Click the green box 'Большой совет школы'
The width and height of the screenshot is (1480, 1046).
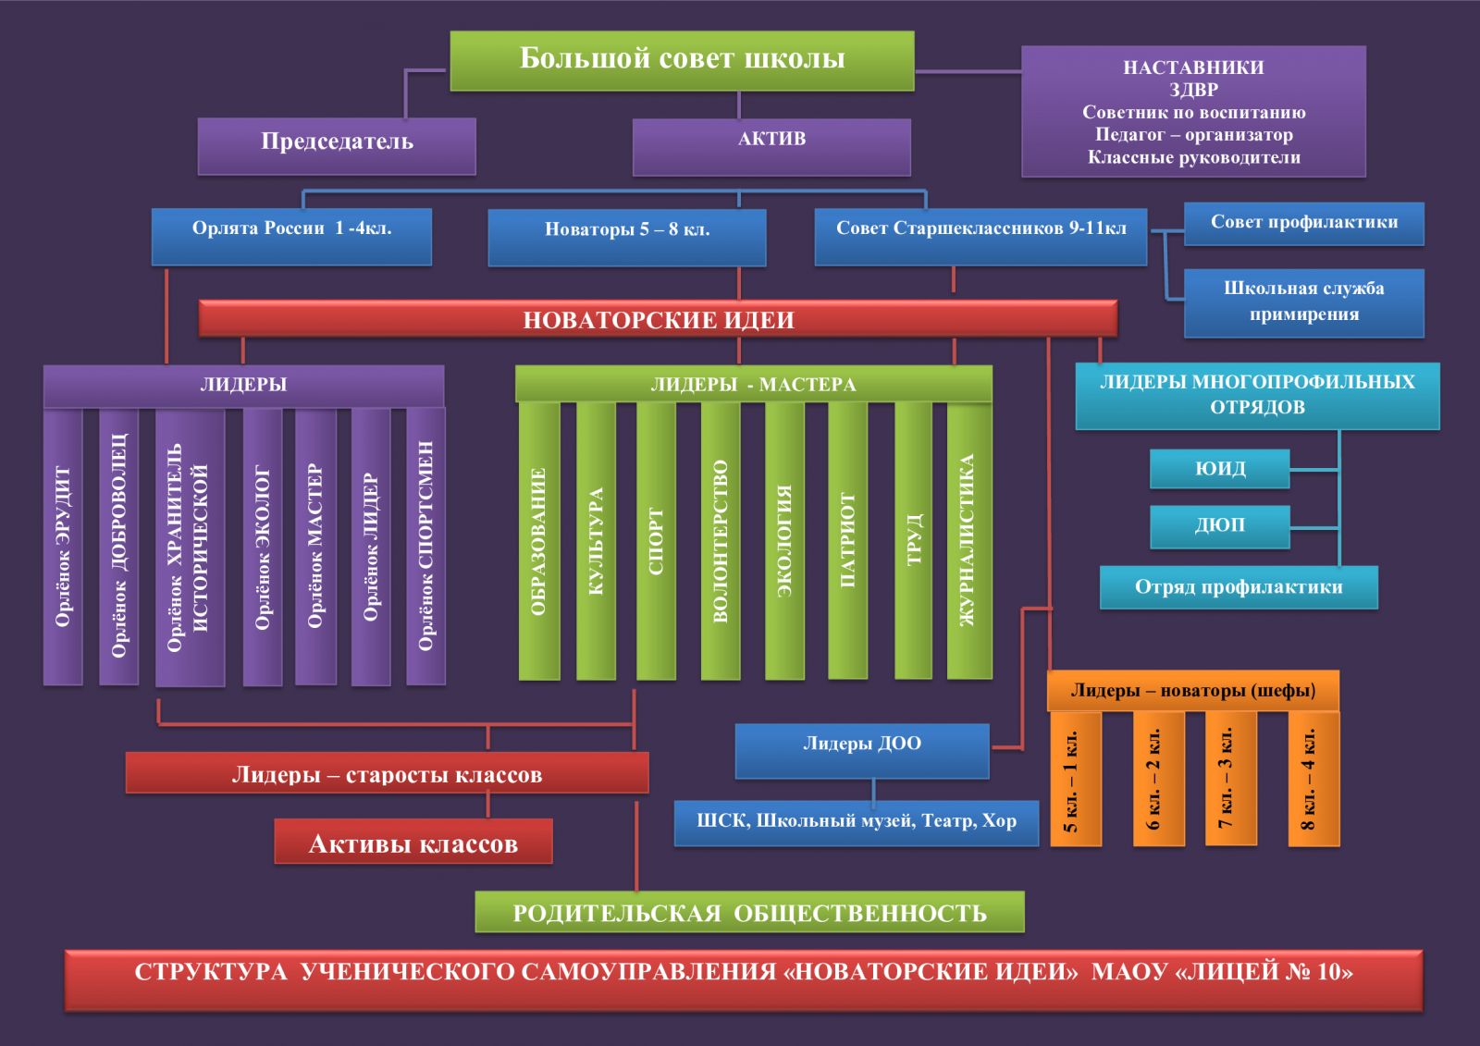682,60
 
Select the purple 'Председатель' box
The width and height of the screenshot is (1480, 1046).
337,144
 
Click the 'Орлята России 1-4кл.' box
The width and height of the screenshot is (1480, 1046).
291,235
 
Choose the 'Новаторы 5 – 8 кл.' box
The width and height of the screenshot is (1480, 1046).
627,236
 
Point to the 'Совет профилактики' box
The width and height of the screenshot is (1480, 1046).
1303,224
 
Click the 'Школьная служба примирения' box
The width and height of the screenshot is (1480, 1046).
1303,302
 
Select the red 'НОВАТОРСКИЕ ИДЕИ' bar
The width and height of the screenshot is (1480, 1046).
658,319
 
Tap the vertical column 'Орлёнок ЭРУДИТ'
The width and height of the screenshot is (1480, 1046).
63,546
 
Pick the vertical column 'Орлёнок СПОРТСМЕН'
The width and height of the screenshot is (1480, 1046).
425,546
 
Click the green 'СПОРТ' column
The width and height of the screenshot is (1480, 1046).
656,541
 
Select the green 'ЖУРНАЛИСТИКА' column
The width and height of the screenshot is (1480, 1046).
968,541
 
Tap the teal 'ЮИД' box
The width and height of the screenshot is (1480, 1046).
1219,469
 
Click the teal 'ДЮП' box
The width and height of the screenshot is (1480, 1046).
1219,525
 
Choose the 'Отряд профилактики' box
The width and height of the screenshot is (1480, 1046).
1239,587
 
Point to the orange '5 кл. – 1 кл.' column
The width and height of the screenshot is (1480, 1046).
1075,779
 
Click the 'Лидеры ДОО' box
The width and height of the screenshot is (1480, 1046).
862,749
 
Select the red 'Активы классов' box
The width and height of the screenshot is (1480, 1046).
413,842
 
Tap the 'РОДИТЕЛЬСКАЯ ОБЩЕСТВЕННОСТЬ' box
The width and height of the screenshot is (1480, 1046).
749,912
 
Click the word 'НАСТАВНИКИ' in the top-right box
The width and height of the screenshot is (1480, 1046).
1193,68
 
